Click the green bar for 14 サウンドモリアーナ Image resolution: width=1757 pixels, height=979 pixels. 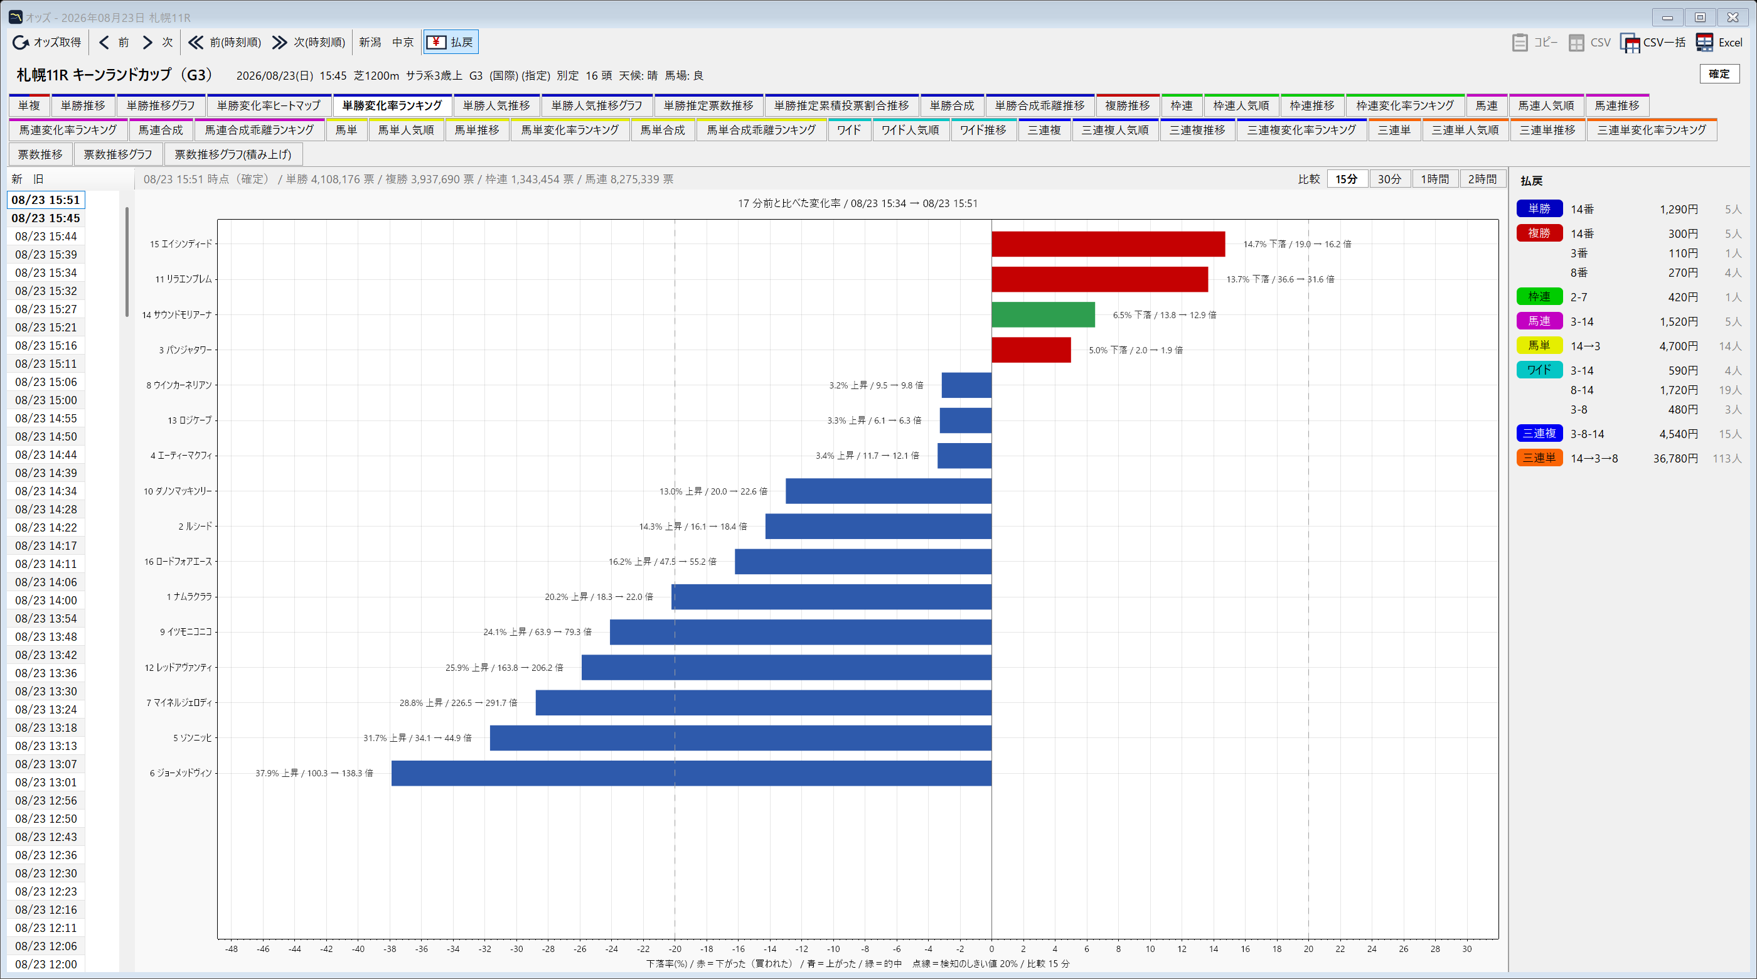pyautogui.click(x=1043, y=314)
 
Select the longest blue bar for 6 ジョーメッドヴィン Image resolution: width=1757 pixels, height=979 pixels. pyautogui.click(x=691, y=773)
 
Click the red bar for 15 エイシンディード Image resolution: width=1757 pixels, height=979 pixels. pyautogui.click(x=1108, y=243)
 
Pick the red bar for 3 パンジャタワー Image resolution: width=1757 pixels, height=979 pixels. pyautogui.click(x=1031, y=350)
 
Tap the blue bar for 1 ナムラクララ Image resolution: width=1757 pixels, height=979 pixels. pyautogui.click(x=831, y=596)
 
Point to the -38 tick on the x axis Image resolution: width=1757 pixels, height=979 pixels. pyautogui.click(x=390, y=949)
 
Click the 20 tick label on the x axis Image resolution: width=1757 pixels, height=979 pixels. pyautogui.click(x=1308, y=949)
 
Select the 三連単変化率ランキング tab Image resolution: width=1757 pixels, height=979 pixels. pyautogui.click(x=1652, y=130)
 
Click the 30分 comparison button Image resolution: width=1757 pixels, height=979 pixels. pyautogui.click(x=1389, y=179)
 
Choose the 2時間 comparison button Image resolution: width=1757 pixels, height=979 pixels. pyautogui.click(x=1482, y=179)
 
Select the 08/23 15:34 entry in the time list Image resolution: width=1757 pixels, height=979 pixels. pyautogui.click(x=46, y=273)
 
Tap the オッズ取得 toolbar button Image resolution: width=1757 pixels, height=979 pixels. pyautogui.click(x=47, y=42)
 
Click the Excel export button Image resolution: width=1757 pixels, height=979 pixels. pyautogui.click(x=1719, y=42)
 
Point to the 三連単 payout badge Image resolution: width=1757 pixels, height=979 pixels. pyautogui.click(x=1539, y=457)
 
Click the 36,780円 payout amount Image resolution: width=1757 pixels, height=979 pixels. pyautogui.click(x=1675, y=459)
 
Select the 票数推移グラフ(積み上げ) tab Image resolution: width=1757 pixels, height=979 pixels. pyautogui.click(x=233, y=154)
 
